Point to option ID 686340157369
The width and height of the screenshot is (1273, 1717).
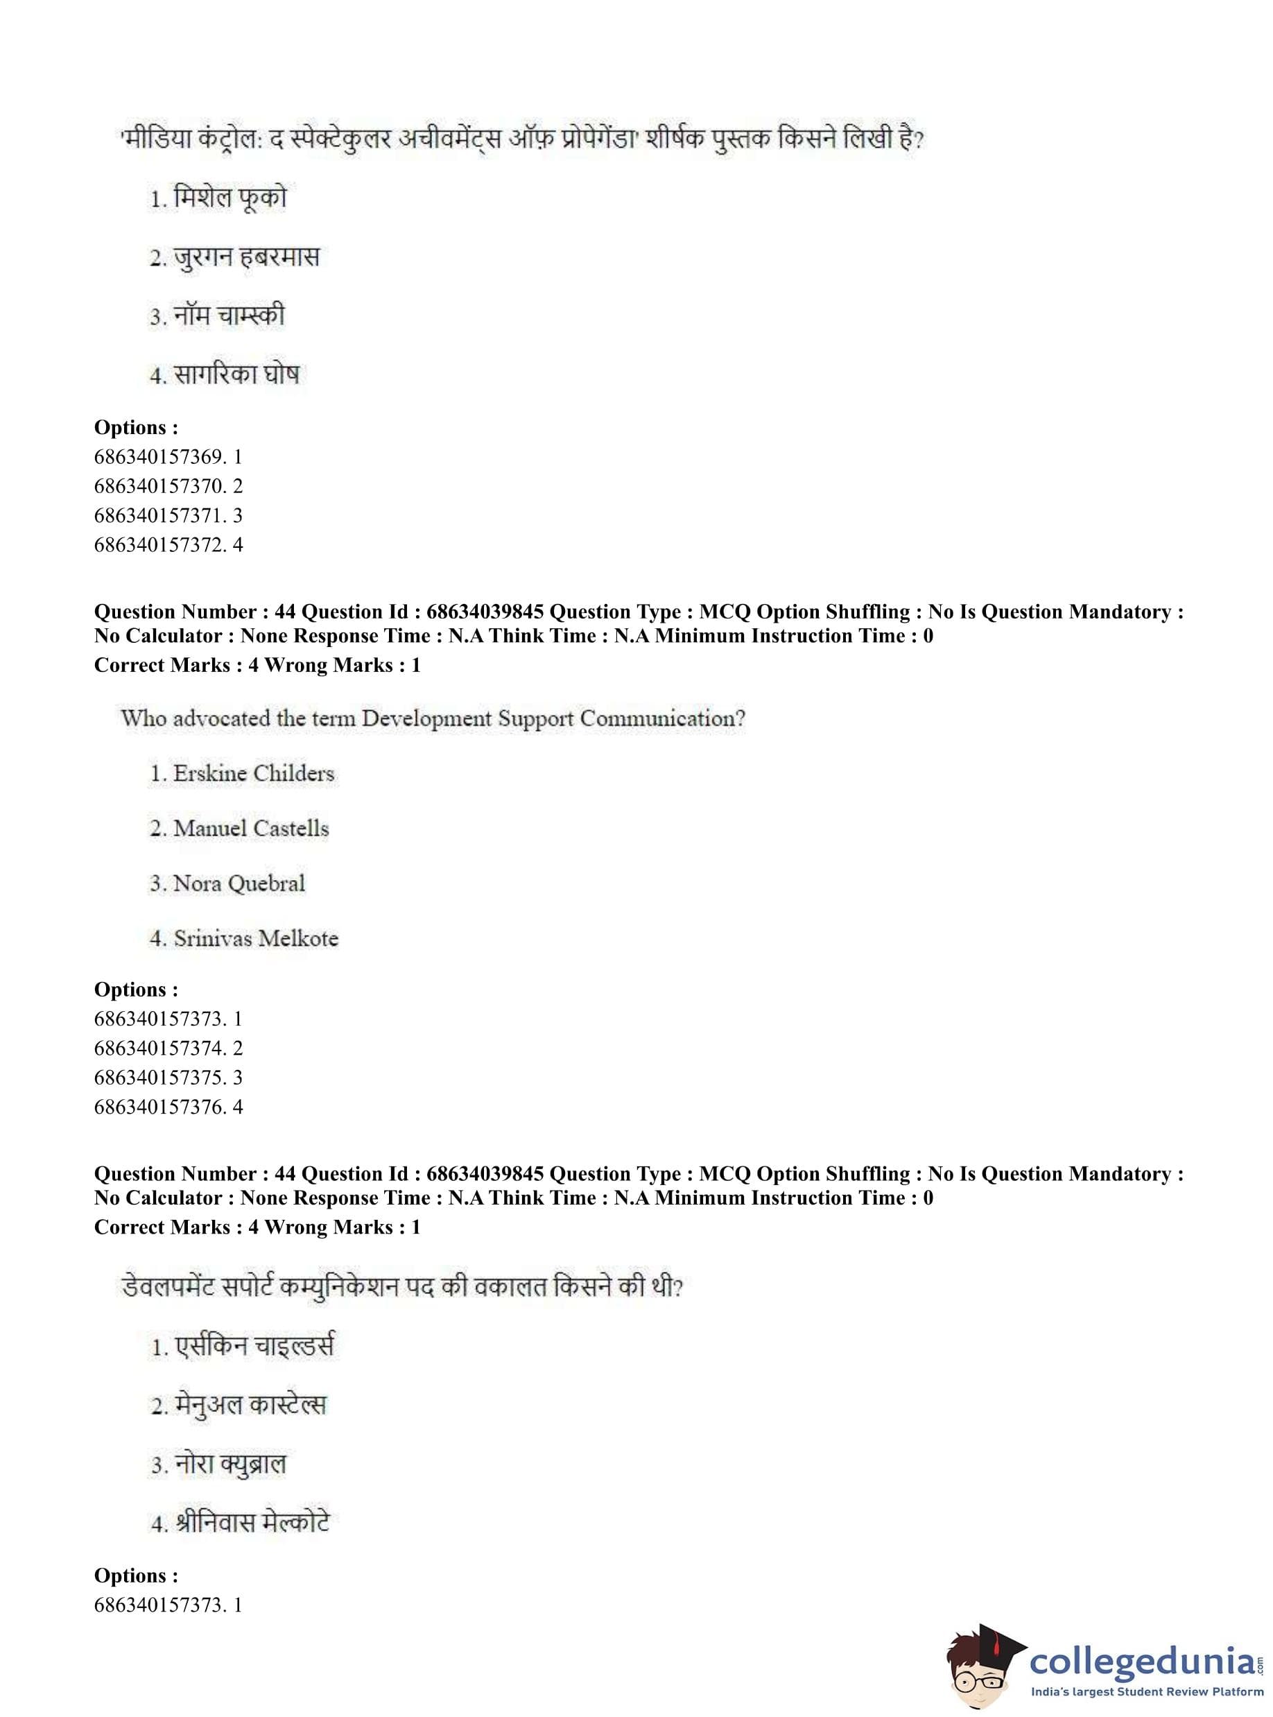tap(168, 457)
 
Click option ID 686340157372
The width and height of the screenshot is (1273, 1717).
tap(168, 545)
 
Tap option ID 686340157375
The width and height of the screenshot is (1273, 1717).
tap(168, 1078)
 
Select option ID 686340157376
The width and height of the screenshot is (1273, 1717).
tap(168, 1107)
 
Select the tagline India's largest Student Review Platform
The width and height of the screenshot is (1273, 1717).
tap(1148, 1691)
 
